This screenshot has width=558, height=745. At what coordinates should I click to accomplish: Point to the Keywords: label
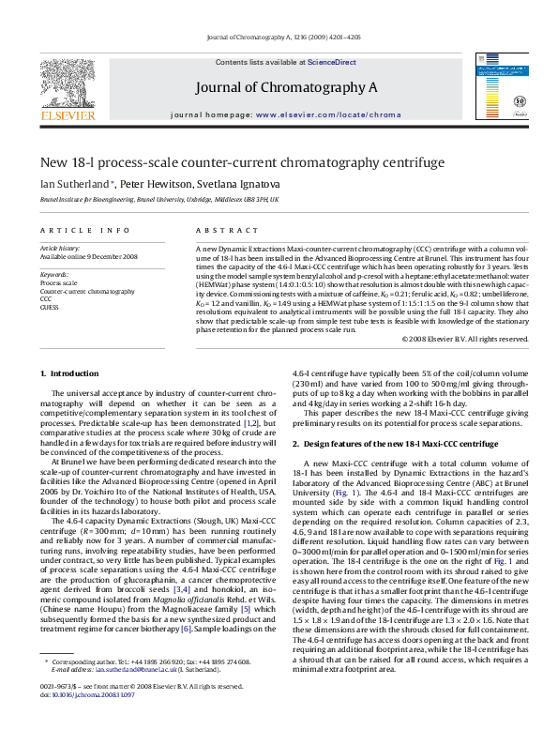click(x=53, y=273)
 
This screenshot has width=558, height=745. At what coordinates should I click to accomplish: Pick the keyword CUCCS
click(x=50, y=306)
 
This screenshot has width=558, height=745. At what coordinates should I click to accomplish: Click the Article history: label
click(x=59, y=247)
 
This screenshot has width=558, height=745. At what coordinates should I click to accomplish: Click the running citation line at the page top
click(x=278, y=38)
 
